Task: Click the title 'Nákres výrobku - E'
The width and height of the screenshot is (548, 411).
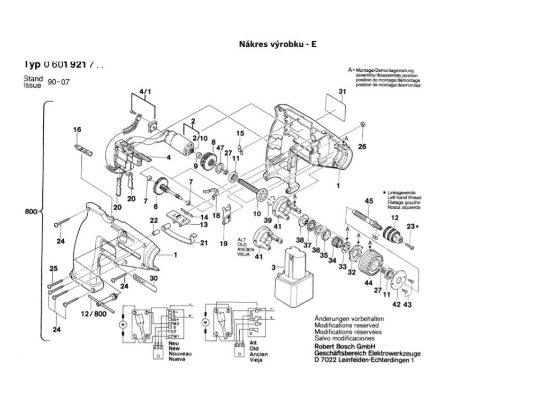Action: pyautogui.click(x=277, y=44)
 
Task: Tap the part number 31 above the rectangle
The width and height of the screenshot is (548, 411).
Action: pyautogui.click(x=342, y=92)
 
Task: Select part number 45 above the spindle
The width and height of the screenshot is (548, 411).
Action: pyautogui.click(x=368, y=201)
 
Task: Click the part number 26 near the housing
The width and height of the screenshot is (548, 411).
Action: pyautogui.click(x=362, y=146)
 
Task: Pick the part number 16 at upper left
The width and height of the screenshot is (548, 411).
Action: pyautogui.click(x=77, y=130)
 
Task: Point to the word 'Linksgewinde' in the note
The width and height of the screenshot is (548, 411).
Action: pyautogui.click(x=405, y=192)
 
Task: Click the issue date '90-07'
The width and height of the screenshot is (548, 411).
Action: pyautogui.click(x=59, y=82)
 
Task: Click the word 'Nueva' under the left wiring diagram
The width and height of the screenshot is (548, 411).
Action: pyautogui.click(x=178, y=360)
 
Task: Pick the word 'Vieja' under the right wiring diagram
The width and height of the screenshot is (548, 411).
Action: pyautogui.click(x=257, y=360)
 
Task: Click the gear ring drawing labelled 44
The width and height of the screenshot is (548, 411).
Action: pyautogui.click(x=368, y=264)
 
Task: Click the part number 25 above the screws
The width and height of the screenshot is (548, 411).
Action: pyautogui.click(x=53, y=268)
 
